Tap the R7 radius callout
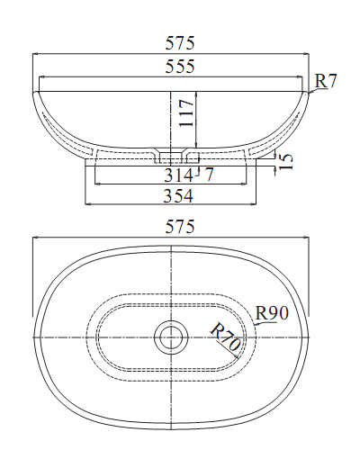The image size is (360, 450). [326, 81]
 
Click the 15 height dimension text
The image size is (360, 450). [286, 162]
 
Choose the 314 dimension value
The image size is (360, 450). [178, 174]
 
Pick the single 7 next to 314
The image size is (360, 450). [209, 174]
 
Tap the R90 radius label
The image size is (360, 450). [271, 313]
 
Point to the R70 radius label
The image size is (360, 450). [225, 339]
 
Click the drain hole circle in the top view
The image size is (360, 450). [169, 337]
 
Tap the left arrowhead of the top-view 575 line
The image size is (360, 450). [35, 239]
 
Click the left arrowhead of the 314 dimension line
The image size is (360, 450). [95, 184]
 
